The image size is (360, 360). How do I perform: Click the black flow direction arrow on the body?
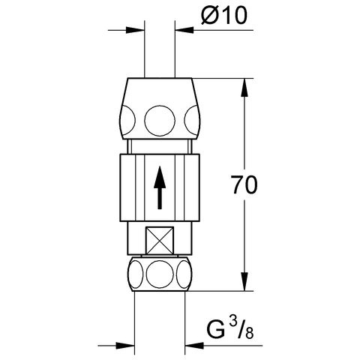pos(158,188)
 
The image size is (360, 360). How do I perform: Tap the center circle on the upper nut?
pos(158,118)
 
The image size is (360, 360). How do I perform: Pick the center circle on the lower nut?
pos(158,274)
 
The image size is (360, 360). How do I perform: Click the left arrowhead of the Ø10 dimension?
pos(137,30)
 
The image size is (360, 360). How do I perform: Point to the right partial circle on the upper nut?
pos(191,118)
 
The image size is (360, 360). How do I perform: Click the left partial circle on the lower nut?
pos(134,274)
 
